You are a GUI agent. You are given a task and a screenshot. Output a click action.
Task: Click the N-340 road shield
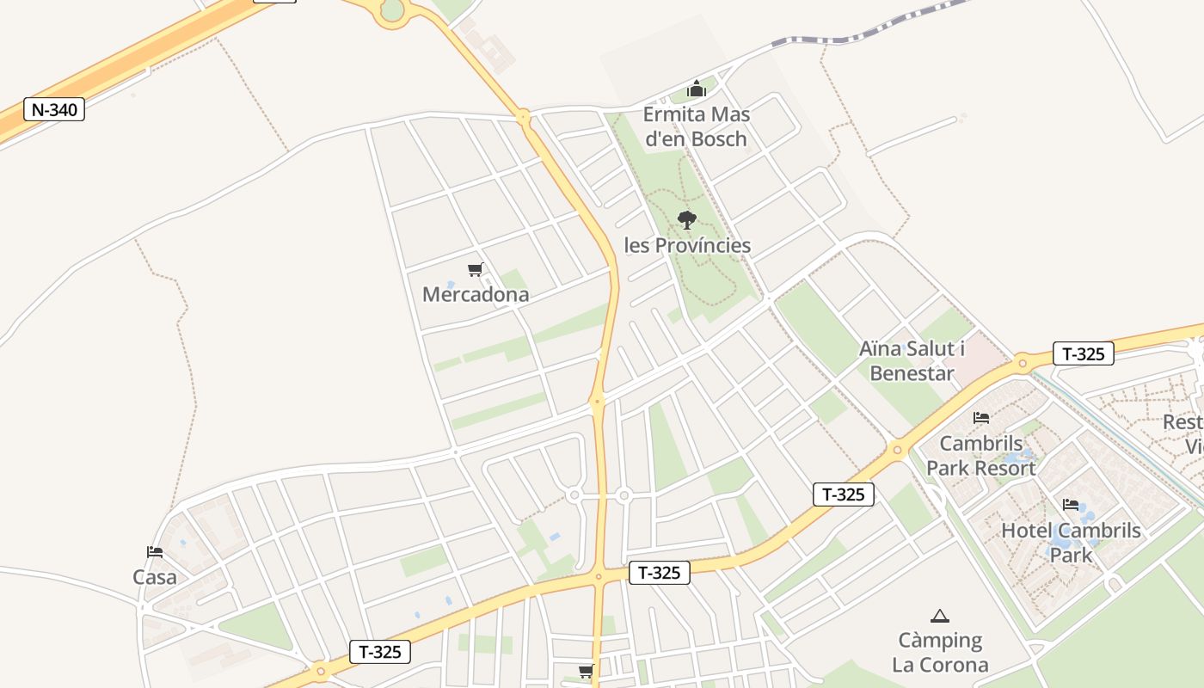pos(53,109)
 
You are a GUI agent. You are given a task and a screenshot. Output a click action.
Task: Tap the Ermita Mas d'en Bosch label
pos(696,126)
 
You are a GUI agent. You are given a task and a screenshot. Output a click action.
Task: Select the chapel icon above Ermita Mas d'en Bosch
pos(696,89)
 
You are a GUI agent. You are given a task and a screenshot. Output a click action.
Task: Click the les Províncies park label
pos(687,245)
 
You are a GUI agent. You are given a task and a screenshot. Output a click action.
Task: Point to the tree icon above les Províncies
pos(686,220)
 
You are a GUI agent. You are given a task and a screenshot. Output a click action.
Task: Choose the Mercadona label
pos(475,294)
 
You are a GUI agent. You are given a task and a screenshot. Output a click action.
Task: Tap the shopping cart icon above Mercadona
pos(475,270)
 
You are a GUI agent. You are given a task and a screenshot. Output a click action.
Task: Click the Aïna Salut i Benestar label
pos(912,360)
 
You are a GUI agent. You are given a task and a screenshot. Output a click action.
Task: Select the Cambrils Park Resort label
pos(980,456)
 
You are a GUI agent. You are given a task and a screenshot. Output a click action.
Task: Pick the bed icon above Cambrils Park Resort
pos(980,418)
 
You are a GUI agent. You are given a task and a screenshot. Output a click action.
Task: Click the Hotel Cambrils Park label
pos(1071,542)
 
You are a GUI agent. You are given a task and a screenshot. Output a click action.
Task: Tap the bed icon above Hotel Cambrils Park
pos(1071,505)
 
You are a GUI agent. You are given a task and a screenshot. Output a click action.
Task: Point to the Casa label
pos(155,577)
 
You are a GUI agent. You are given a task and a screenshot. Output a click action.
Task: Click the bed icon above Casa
pos(155,552)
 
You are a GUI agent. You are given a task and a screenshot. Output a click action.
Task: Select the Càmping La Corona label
pos(940,653)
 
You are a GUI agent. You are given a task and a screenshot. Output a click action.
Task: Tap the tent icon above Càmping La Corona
pos(940,616)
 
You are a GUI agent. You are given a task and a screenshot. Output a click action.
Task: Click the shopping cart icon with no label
pos(586,671)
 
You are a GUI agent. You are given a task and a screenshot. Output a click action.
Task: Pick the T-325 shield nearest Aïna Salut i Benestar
pos(1083,353)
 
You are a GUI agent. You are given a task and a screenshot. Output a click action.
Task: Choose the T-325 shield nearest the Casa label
pos(380,652)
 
